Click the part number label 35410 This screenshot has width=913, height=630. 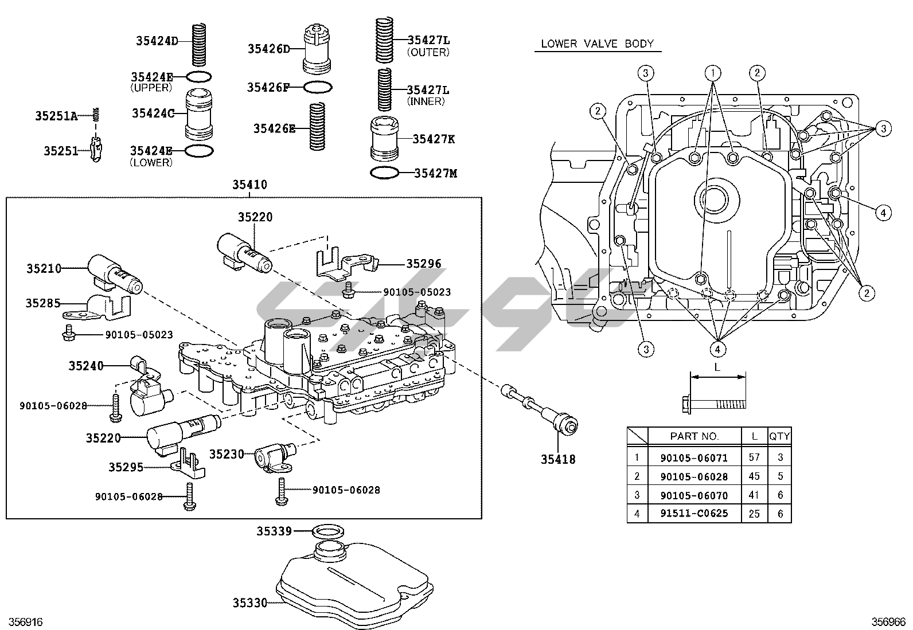(x=249, y=185)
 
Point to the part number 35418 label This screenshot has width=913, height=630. (x=557, y=459)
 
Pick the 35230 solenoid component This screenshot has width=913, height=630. (x=272, y=456)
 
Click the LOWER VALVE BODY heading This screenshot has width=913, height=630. (x=597, y=44)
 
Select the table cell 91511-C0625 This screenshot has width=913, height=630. (x=694, y=513)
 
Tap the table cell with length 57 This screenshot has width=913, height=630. (x=754, y=457)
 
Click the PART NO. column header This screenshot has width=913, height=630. (x=694, y=436)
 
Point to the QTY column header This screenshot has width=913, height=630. (x=779, y=436)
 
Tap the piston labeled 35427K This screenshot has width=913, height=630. (x=385, y=139)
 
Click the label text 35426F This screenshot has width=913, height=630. (x=268, y=87)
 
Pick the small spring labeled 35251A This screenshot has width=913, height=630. (x=97, y=114)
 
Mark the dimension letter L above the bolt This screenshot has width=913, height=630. (x=717, y=367)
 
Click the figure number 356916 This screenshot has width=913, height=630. (x=22, y=622)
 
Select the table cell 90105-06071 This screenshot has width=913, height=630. (x=694, y=457)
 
